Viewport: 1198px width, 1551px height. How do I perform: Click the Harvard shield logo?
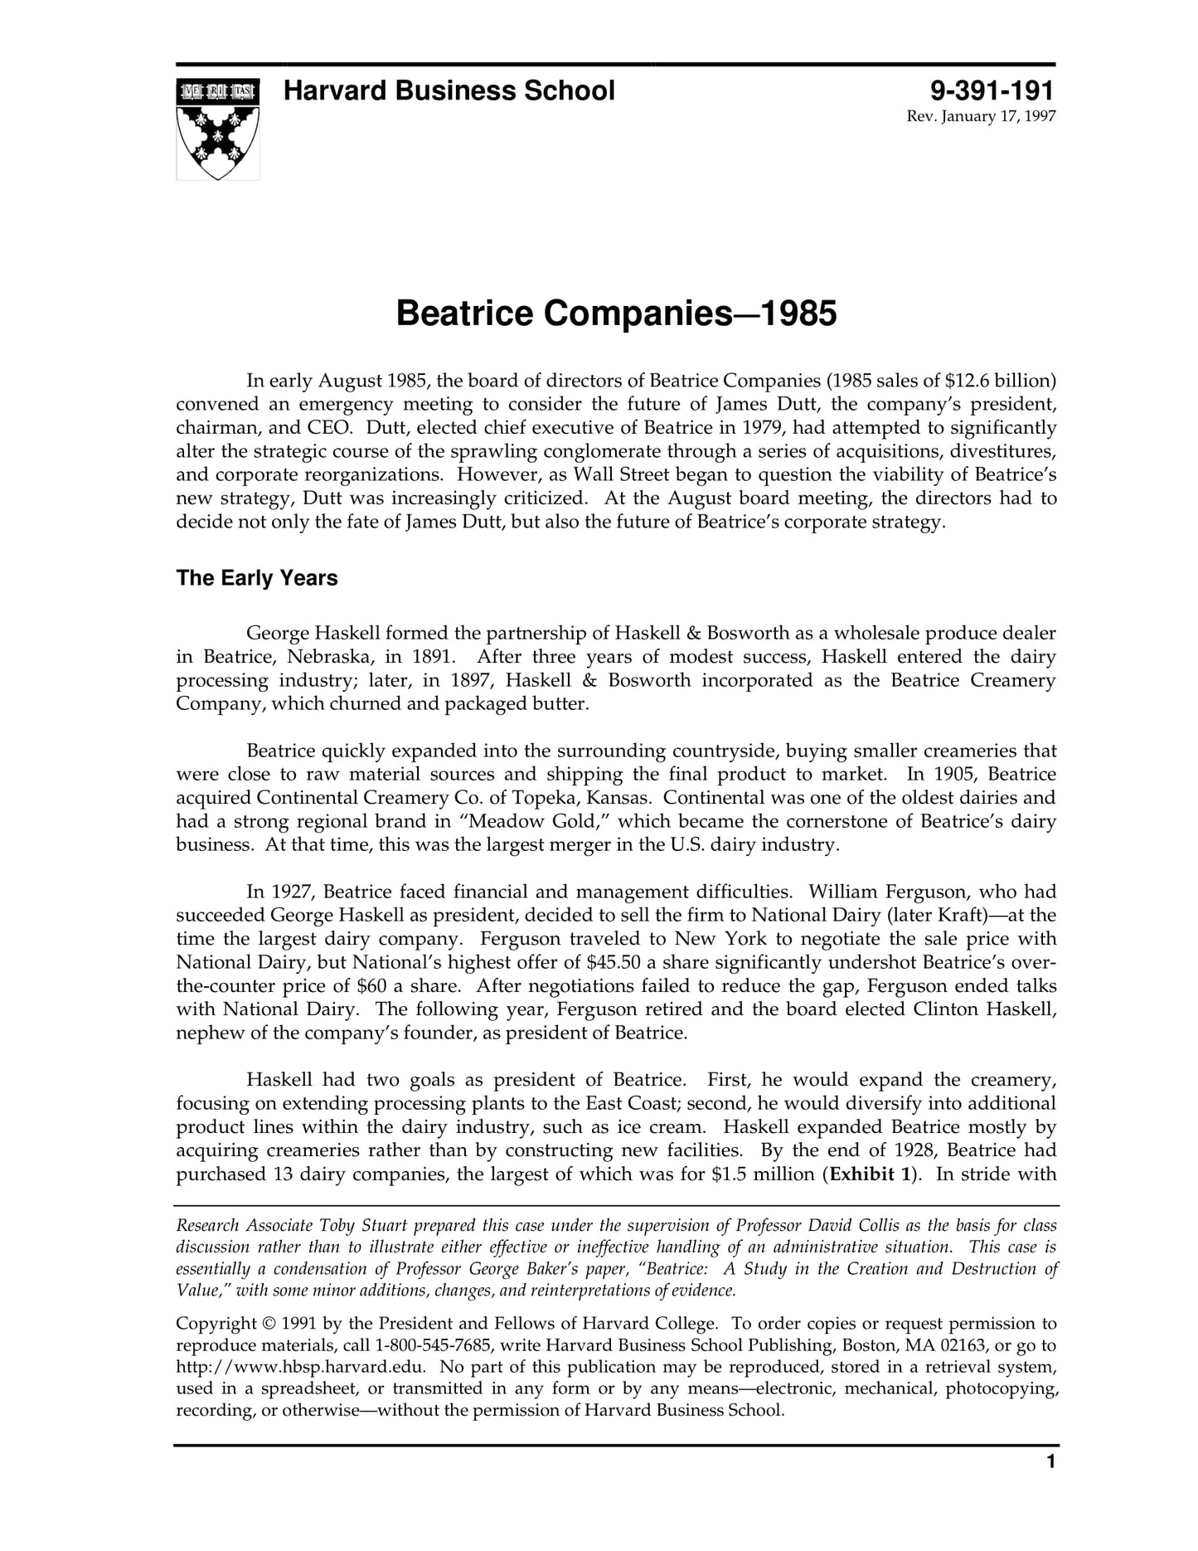click(217, 129)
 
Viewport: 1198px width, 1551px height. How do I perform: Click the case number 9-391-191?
click(992, 90)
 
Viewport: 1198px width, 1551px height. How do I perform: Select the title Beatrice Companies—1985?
click(616, 314)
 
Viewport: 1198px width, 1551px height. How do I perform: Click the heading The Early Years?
click(257, 578)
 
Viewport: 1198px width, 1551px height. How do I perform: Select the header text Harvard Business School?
click(449, 90)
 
